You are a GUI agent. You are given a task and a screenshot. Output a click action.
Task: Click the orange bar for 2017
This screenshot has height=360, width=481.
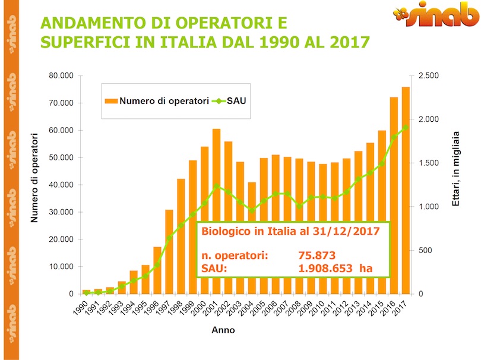406,190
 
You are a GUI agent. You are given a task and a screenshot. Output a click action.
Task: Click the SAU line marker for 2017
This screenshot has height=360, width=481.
406,127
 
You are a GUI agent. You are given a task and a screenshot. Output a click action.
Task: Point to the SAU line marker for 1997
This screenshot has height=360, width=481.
169,238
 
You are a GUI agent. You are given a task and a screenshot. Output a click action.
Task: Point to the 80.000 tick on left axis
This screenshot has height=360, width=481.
61,76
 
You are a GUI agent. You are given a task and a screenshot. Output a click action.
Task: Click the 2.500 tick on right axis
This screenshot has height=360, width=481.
429,76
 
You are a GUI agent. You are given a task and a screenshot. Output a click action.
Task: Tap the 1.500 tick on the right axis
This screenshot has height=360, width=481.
429,163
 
